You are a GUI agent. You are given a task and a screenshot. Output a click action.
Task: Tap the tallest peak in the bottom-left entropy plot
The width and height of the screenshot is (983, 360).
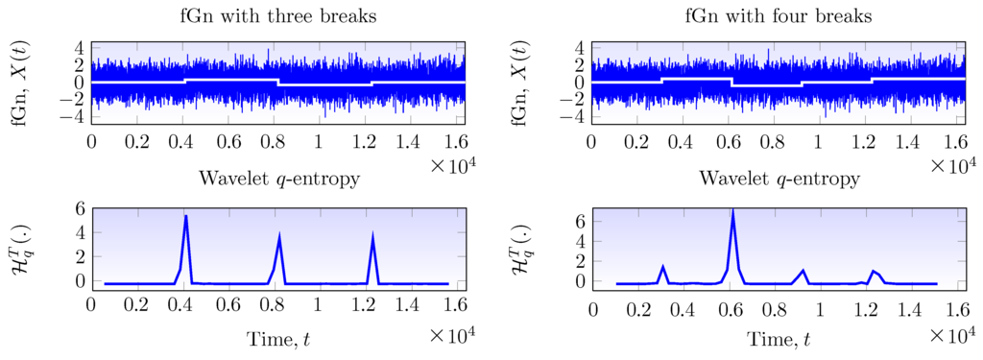pos(185,216)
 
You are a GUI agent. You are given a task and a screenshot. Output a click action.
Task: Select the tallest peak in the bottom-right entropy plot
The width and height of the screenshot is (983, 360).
pos(733,210)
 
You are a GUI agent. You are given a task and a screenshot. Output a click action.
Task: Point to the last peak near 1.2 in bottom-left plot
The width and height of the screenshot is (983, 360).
pos(372,235)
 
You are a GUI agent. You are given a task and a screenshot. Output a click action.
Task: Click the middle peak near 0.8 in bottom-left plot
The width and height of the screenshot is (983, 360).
pos(279,235)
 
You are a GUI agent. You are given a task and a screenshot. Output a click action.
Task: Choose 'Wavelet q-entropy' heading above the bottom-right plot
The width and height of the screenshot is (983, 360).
pos(779,179)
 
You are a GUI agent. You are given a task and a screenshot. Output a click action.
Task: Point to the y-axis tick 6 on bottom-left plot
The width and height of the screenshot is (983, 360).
pos(67,208)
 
